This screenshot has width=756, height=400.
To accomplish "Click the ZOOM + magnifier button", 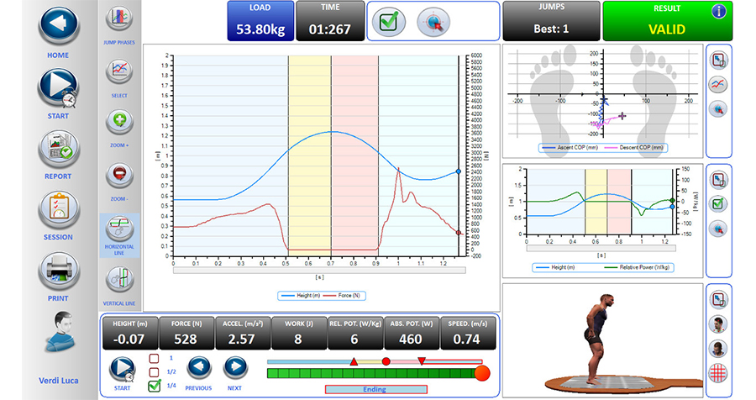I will tap(119, 121).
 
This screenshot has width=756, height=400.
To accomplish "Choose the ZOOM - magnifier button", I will tap(119, 175).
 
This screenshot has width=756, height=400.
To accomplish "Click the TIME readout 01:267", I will tap(329, 29).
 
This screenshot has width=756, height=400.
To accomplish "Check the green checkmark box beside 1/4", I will tap(154, 387).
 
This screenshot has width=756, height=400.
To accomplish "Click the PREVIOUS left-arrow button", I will tap(198, 368).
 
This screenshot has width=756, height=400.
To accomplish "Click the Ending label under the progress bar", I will tap(375, 389).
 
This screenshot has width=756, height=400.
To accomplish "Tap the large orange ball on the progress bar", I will tap(481, 374).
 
